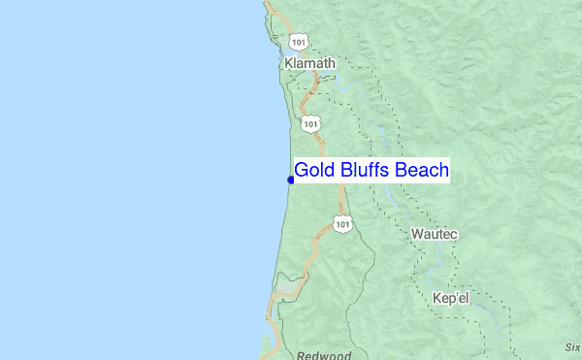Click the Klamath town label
point(310,62)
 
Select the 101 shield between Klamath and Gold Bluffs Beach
point(308,123)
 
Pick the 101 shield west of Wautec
point(341,224)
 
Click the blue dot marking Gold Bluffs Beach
point(291,180)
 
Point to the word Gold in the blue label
point(313,171)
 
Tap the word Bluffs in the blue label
point(364,171)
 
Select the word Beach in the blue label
point(421,171)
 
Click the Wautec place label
point(434,235)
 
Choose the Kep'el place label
point(450,298)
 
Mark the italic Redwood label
point(324,355)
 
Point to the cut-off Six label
point(572,346)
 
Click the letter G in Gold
point(302,171)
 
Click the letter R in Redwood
point(302,355)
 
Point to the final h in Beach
point(443,171)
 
